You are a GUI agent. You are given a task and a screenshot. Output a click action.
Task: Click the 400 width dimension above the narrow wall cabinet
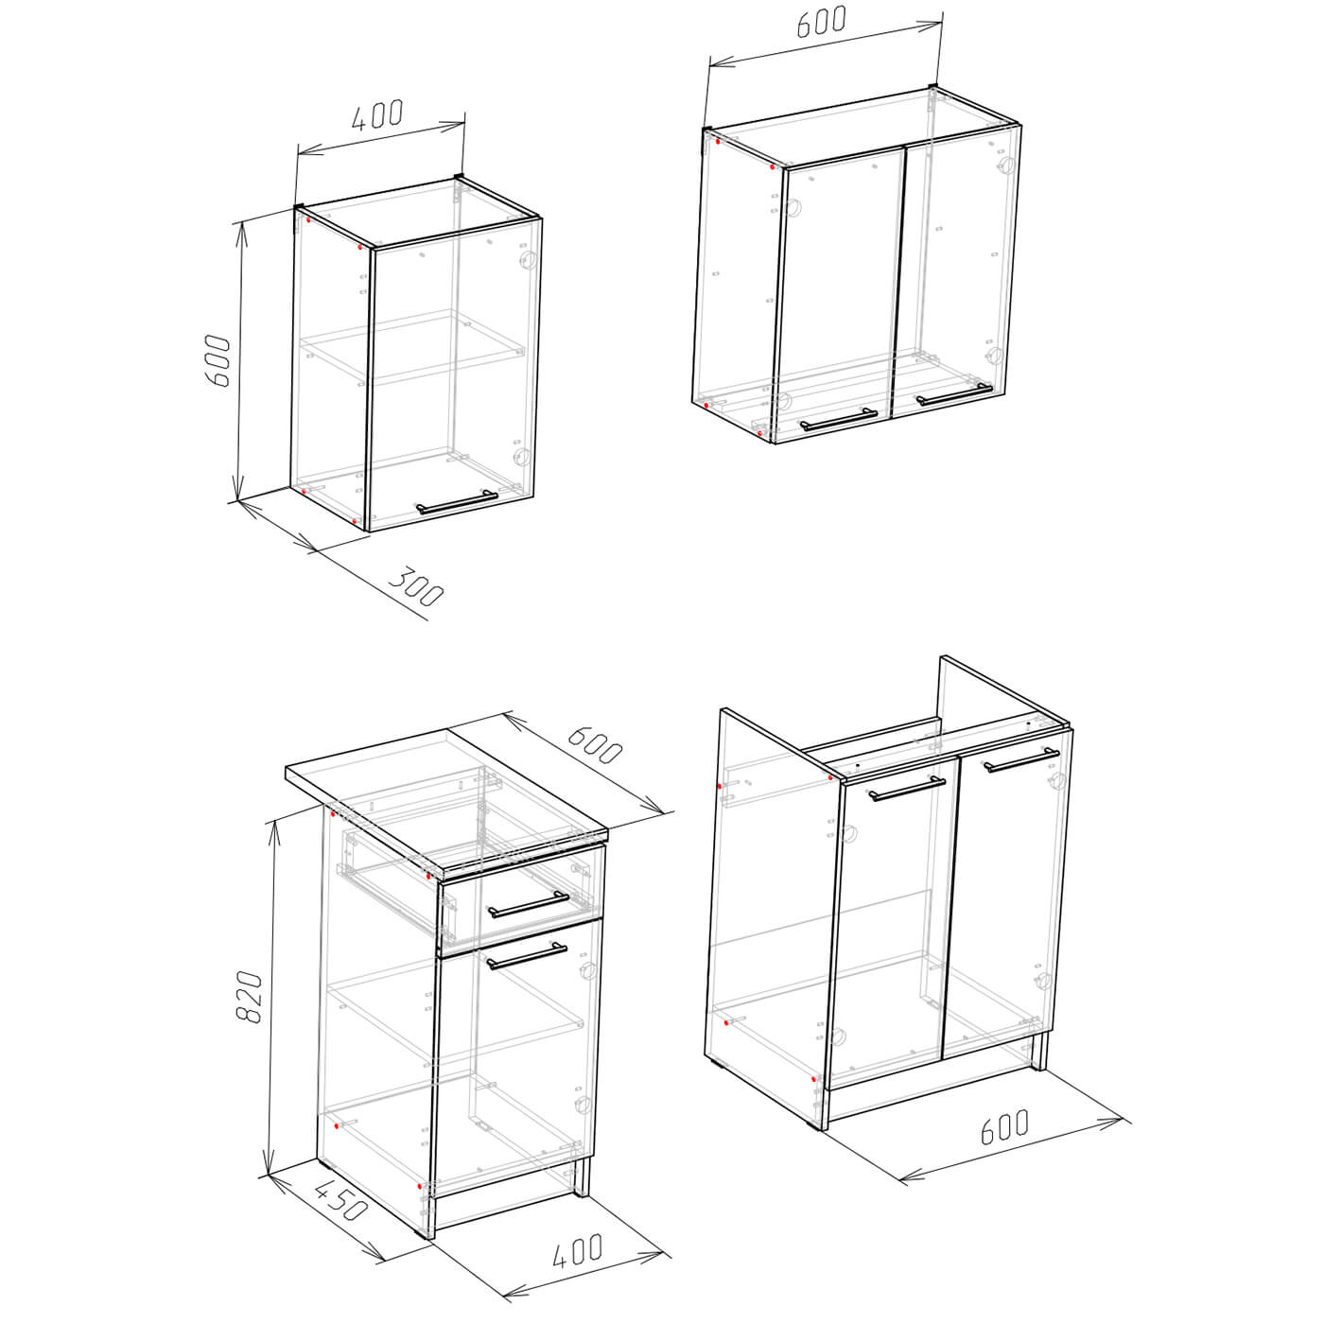377,114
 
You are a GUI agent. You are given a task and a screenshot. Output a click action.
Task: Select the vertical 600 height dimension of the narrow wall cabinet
219,361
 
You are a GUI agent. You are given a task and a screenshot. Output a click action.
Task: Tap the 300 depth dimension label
416,586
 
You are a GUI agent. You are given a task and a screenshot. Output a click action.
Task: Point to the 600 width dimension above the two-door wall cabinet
821,22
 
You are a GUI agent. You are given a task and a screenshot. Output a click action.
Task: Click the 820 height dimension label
249,997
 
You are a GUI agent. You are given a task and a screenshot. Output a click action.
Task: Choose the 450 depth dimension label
340,1199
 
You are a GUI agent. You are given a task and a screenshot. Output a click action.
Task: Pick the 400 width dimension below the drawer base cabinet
577,1251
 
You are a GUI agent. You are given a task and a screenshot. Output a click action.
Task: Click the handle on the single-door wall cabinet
457,502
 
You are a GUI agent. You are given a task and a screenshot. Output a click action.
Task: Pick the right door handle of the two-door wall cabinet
954,393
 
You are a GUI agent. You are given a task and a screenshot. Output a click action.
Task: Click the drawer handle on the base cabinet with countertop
529,905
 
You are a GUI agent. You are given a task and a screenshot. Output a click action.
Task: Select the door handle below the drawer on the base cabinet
528,956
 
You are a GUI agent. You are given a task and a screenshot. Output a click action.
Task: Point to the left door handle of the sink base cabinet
907,789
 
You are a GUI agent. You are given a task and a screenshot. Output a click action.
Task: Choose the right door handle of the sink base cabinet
1021,760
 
